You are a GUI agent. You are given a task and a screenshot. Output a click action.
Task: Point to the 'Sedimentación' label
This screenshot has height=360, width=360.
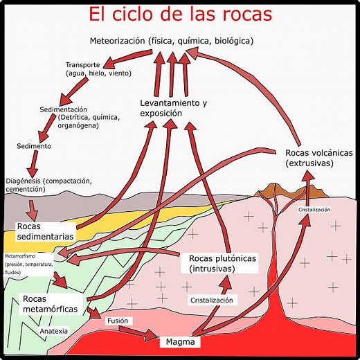[x=63, y=109]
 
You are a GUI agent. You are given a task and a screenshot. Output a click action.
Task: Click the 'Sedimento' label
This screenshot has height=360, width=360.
[x=33, y=146]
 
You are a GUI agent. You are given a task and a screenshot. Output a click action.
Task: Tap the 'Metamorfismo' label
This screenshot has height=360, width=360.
[x=23, y=255]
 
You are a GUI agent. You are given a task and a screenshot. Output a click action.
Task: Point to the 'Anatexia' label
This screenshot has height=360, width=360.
[x=54, y=331]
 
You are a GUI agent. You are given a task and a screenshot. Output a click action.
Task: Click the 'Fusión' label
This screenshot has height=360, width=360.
[x=116, y=321]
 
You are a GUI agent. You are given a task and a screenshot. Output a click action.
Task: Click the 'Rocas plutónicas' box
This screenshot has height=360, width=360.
[x=222, y=263]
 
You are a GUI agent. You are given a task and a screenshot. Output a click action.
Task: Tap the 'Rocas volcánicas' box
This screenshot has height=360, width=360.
[x=318, y=157]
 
